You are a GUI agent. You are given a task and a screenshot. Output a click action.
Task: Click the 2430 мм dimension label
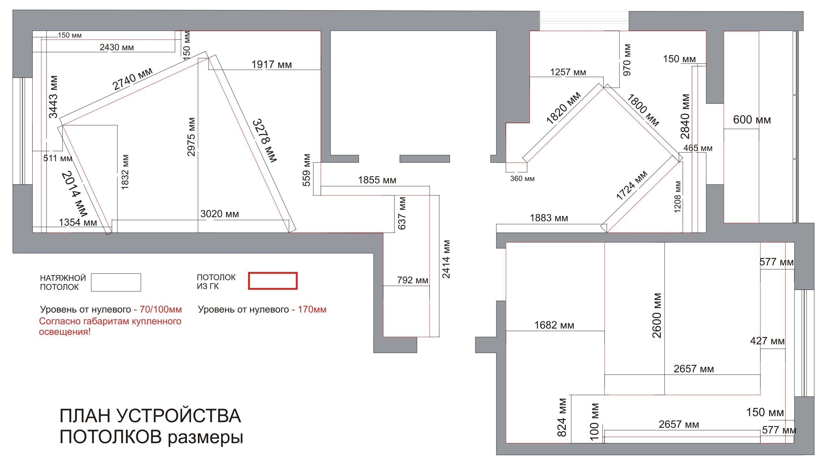click(117, 47)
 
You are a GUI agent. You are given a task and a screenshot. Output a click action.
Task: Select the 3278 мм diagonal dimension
click(265, 140)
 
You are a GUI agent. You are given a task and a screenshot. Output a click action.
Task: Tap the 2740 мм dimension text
click(132, 79)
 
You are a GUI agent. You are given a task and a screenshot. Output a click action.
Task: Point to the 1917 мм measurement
click(272, 64)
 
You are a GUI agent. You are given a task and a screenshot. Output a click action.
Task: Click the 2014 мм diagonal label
click(74, 194)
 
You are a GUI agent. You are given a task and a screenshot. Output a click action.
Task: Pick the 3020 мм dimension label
click(219, 214)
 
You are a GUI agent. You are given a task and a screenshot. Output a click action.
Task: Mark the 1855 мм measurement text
click(377, 180)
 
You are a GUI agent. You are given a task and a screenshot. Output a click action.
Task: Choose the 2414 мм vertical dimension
click(446, 259)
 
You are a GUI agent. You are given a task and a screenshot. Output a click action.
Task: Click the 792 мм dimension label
click(412, 280)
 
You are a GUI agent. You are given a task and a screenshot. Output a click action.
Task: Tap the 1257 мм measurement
click(568, 72)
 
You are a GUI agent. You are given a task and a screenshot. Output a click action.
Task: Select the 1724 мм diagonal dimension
click(631, 185)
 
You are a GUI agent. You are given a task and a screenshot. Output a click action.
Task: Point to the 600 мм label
click(752, 120)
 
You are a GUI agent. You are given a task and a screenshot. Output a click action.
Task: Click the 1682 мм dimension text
click(554, 325)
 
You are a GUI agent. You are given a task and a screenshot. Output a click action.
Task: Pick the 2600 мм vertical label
click(657, 316)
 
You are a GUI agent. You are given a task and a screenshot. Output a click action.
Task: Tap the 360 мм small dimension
click(522, 179)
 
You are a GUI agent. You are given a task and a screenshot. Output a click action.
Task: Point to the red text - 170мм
click(309, 309)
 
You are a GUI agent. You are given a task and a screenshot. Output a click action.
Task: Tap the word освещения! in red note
click(64, 332)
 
